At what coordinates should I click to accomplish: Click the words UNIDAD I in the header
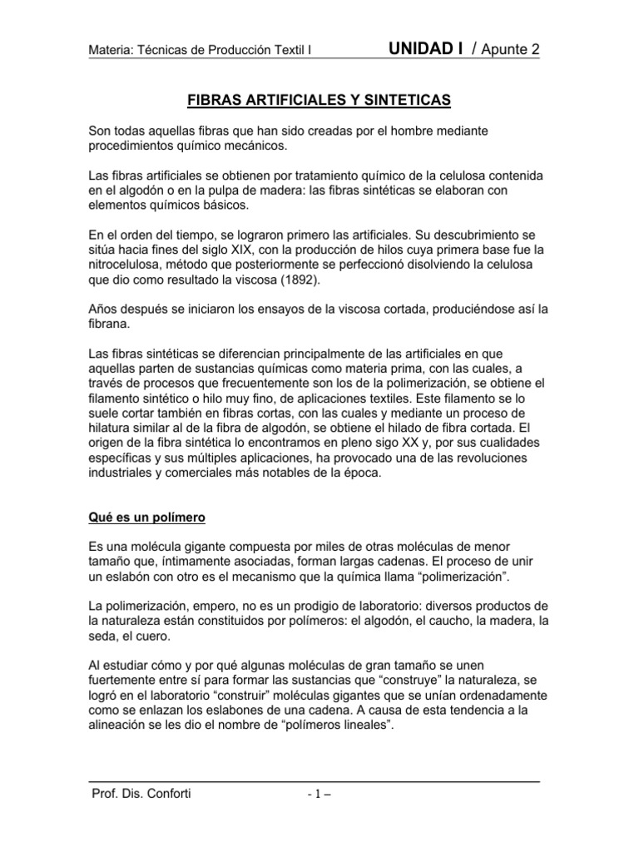(x=426, y=49)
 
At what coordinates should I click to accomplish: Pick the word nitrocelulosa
(x=125, y=265)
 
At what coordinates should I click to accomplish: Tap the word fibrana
(x=109, y=325)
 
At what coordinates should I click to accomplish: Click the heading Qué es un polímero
(x=146, y=517)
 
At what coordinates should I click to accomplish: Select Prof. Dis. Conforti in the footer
(x=141, y=793)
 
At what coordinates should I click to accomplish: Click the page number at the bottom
(x=319, y=794)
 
